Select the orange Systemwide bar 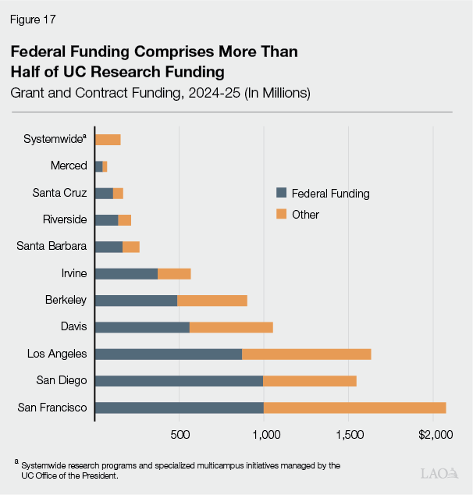click(108, 140)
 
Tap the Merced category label click(69, 166)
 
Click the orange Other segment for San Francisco click(354, 408)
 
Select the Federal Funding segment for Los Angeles click(168, 354)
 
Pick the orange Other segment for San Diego click(309, 380)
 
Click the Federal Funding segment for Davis click(142, 327)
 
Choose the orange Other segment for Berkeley click(212, 301)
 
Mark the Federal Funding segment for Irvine click(126, 273)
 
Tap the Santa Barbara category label click(52, 246)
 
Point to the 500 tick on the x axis click(180, 434)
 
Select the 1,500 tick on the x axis click(349, 434)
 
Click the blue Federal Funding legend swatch click(282, 194)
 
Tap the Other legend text click(305, 214)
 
